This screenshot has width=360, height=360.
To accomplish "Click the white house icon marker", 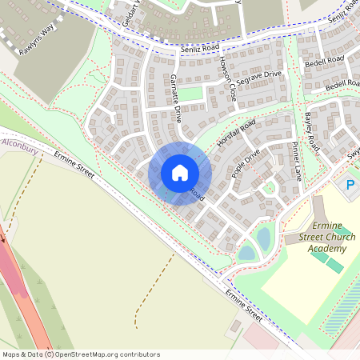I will coord(180,172).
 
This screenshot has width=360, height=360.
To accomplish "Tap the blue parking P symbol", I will coord(349,186).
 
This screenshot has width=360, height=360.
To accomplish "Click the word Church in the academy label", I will coord(330,238).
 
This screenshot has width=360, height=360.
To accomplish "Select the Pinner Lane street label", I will coord(295,160).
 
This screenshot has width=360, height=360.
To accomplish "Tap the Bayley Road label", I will coord(311,132).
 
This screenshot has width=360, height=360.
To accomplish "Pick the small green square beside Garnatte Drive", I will coord(190,94).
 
